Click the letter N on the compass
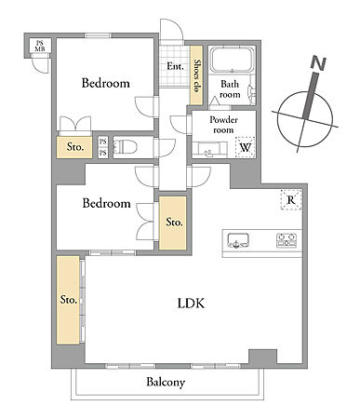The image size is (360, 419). (318, 63)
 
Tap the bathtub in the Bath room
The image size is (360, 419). (232, 60)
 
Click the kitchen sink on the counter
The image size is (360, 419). (238, 240)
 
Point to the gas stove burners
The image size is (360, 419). (287, 240)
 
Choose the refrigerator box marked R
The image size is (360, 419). (291, 200)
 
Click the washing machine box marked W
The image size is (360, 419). (246, 147)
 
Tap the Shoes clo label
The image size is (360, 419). (196, 75)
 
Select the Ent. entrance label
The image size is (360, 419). (175, 66)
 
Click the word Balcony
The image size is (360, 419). (166, 382)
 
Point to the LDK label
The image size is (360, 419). (191, 304)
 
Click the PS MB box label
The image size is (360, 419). (40, 46)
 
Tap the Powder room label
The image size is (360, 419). (223, 125)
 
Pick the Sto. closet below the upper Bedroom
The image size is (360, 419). (74, 147)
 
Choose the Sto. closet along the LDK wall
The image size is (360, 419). (68, 300)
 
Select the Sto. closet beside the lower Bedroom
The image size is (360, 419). (173, 223)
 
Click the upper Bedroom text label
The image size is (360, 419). (105, 83)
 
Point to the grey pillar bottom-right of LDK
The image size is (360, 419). (263, 357)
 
